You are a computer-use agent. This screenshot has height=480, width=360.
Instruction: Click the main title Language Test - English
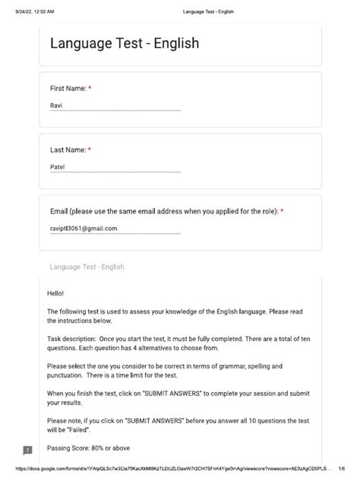click(125, 43)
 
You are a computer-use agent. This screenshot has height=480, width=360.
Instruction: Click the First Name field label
click(68, 89)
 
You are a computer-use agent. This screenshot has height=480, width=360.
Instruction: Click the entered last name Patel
click(58, 166)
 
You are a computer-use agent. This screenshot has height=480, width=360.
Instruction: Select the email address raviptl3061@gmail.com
click(84, 227)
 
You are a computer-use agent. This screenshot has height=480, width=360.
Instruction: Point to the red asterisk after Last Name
click(90, 150)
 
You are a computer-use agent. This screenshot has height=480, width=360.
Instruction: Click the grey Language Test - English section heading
click(87, 267)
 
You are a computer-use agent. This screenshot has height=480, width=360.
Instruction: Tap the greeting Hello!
click(56, 292)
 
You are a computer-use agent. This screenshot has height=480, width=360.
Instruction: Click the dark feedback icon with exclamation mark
click(28, 450)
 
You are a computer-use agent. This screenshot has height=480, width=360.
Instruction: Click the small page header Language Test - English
click(209, 11)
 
